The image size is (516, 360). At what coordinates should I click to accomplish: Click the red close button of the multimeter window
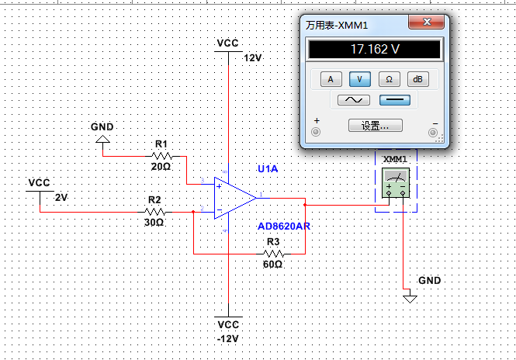click(427, 22)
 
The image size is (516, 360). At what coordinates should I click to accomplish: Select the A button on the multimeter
click(331, 79)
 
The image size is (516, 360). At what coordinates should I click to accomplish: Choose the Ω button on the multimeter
click(389, 79)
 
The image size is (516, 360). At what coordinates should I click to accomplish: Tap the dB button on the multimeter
click(418, 79)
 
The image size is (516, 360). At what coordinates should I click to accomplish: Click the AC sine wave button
click(354, 100)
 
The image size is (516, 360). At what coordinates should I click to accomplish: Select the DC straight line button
click(395, 100)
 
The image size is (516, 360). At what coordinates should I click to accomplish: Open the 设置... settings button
click(375, 126)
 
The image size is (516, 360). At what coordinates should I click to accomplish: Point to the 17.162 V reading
click(375, 50)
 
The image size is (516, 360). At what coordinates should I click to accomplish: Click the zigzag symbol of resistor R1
click(162, 156)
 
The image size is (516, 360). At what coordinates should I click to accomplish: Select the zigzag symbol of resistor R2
click(154, 212)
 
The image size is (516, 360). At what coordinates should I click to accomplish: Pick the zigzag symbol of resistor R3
click(273, 254)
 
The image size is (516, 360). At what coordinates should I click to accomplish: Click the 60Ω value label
click(272, 265)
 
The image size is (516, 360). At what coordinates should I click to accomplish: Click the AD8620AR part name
click(284, 227)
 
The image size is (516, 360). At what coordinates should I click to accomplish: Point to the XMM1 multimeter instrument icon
click(396, 183)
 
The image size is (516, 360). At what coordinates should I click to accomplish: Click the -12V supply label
click(227, 338)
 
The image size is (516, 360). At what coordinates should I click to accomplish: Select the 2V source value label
click(61, 197)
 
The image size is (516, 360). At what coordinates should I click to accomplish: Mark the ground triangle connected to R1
click(102, 139)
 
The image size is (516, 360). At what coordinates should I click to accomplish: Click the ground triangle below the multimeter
click(410, 299)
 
